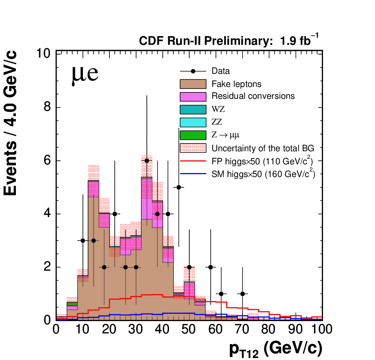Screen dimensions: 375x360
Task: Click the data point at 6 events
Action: pos(147,161)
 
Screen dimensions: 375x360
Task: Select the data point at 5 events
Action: pos(179,187)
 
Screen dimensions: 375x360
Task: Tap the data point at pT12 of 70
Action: pos(242,294)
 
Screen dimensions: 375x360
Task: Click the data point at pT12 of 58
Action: pos(211,267)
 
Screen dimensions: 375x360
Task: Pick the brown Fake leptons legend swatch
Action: pos(193,84)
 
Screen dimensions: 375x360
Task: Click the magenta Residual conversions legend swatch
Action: pos(193,97)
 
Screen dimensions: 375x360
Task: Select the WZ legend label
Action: pos(218,109)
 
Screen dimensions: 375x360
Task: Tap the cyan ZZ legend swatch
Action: pos(193,123)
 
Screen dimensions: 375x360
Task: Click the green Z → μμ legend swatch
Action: pos(193,135)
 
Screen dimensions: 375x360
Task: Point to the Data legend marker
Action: pos(193,71)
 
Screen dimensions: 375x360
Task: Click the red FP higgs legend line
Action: pos(193,161)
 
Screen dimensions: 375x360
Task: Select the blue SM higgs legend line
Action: pos(193,174)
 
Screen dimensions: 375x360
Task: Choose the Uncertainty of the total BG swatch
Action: pos(193,148)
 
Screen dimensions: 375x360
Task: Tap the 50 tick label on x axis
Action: pos(189,329)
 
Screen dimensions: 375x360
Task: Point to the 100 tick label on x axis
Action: pos(321,329)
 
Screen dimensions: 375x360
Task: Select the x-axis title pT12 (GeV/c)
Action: pos(276,349)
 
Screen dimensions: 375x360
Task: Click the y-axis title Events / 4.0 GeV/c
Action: pos(10,123)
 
